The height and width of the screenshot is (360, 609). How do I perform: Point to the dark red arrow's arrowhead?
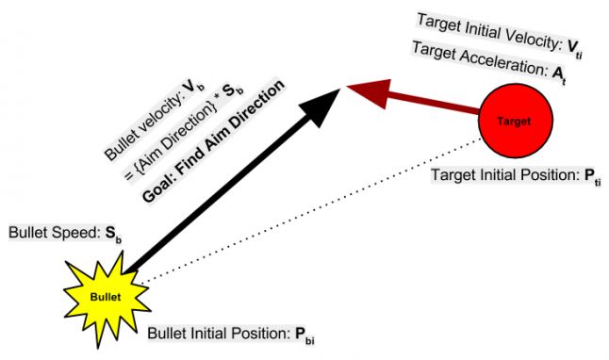point(364,90)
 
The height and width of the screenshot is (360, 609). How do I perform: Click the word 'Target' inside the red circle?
point(516,122)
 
